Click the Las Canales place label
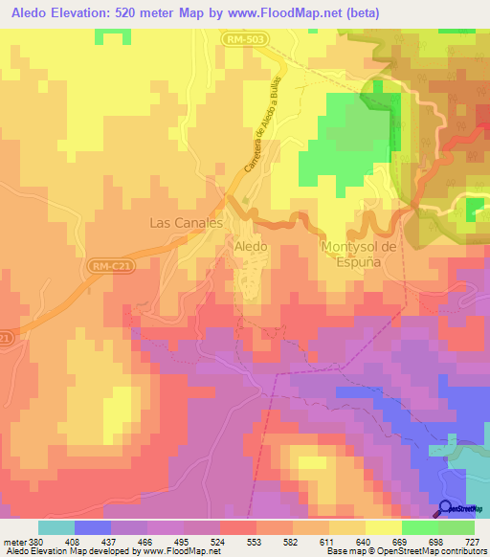(x=187, y=222)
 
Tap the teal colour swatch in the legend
(x=56, y=527)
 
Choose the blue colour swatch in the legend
(x=93, y=527)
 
